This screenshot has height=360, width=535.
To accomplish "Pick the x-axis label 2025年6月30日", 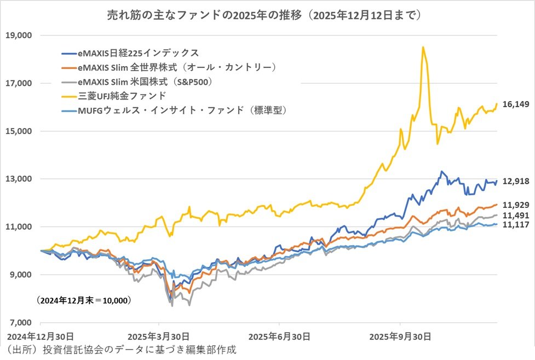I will (x=280, y=335).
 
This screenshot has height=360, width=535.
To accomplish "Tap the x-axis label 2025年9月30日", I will (x=400, y=335).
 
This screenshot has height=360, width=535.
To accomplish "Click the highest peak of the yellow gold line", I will (x=423, y=48).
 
